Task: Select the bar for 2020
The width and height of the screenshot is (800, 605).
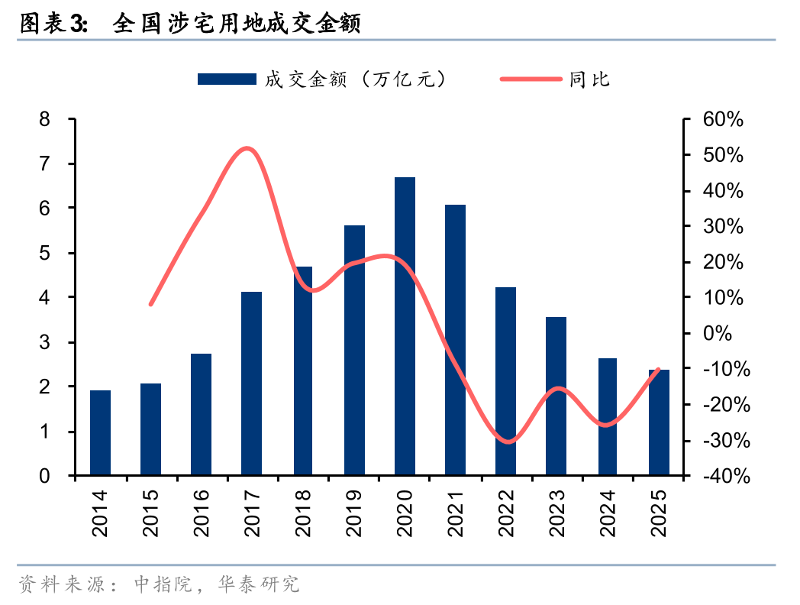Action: click(x=405, y=326)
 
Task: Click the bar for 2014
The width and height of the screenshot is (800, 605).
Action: click(x=100, y=433)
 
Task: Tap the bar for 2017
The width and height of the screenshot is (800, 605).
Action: click(x=252, y=383)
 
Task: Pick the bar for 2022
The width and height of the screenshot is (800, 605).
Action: click(x=505, y=381)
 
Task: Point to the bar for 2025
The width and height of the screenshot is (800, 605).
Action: click(x=659, y=422)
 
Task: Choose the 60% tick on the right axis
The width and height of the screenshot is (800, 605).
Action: click(x=723, y=119)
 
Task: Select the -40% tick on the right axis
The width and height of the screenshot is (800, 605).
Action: click(x=723, y=476)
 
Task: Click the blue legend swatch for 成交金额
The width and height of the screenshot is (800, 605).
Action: click(x=226, y=79)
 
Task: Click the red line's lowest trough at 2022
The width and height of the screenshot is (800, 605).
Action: click(x=507, y=442)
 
